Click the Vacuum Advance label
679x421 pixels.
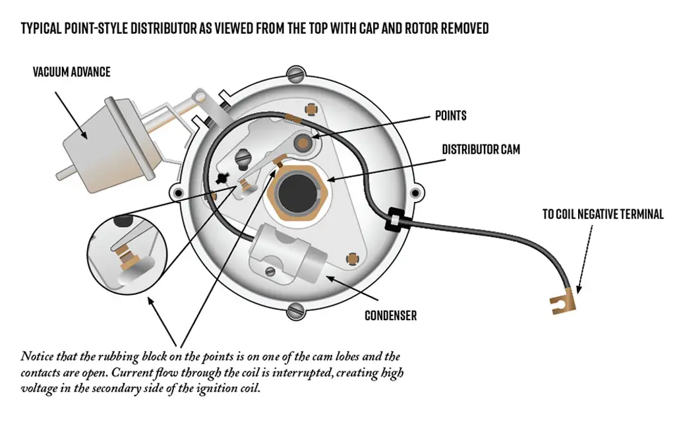(x=71, y=71)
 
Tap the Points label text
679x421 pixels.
(x=450, y=116)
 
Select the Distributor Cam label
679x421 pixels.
(x=481, y=150)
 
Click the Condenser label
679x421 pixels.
(x=390, y=315)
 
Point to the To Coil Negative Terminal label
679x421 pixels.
(x=603, y=214)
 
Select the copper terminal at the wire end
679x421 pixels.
(x=564, y=302)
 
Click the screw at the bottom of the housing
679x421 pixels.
(x=297, y=308)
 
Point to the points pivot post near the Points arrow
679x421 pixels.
(x=303, y=142)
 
